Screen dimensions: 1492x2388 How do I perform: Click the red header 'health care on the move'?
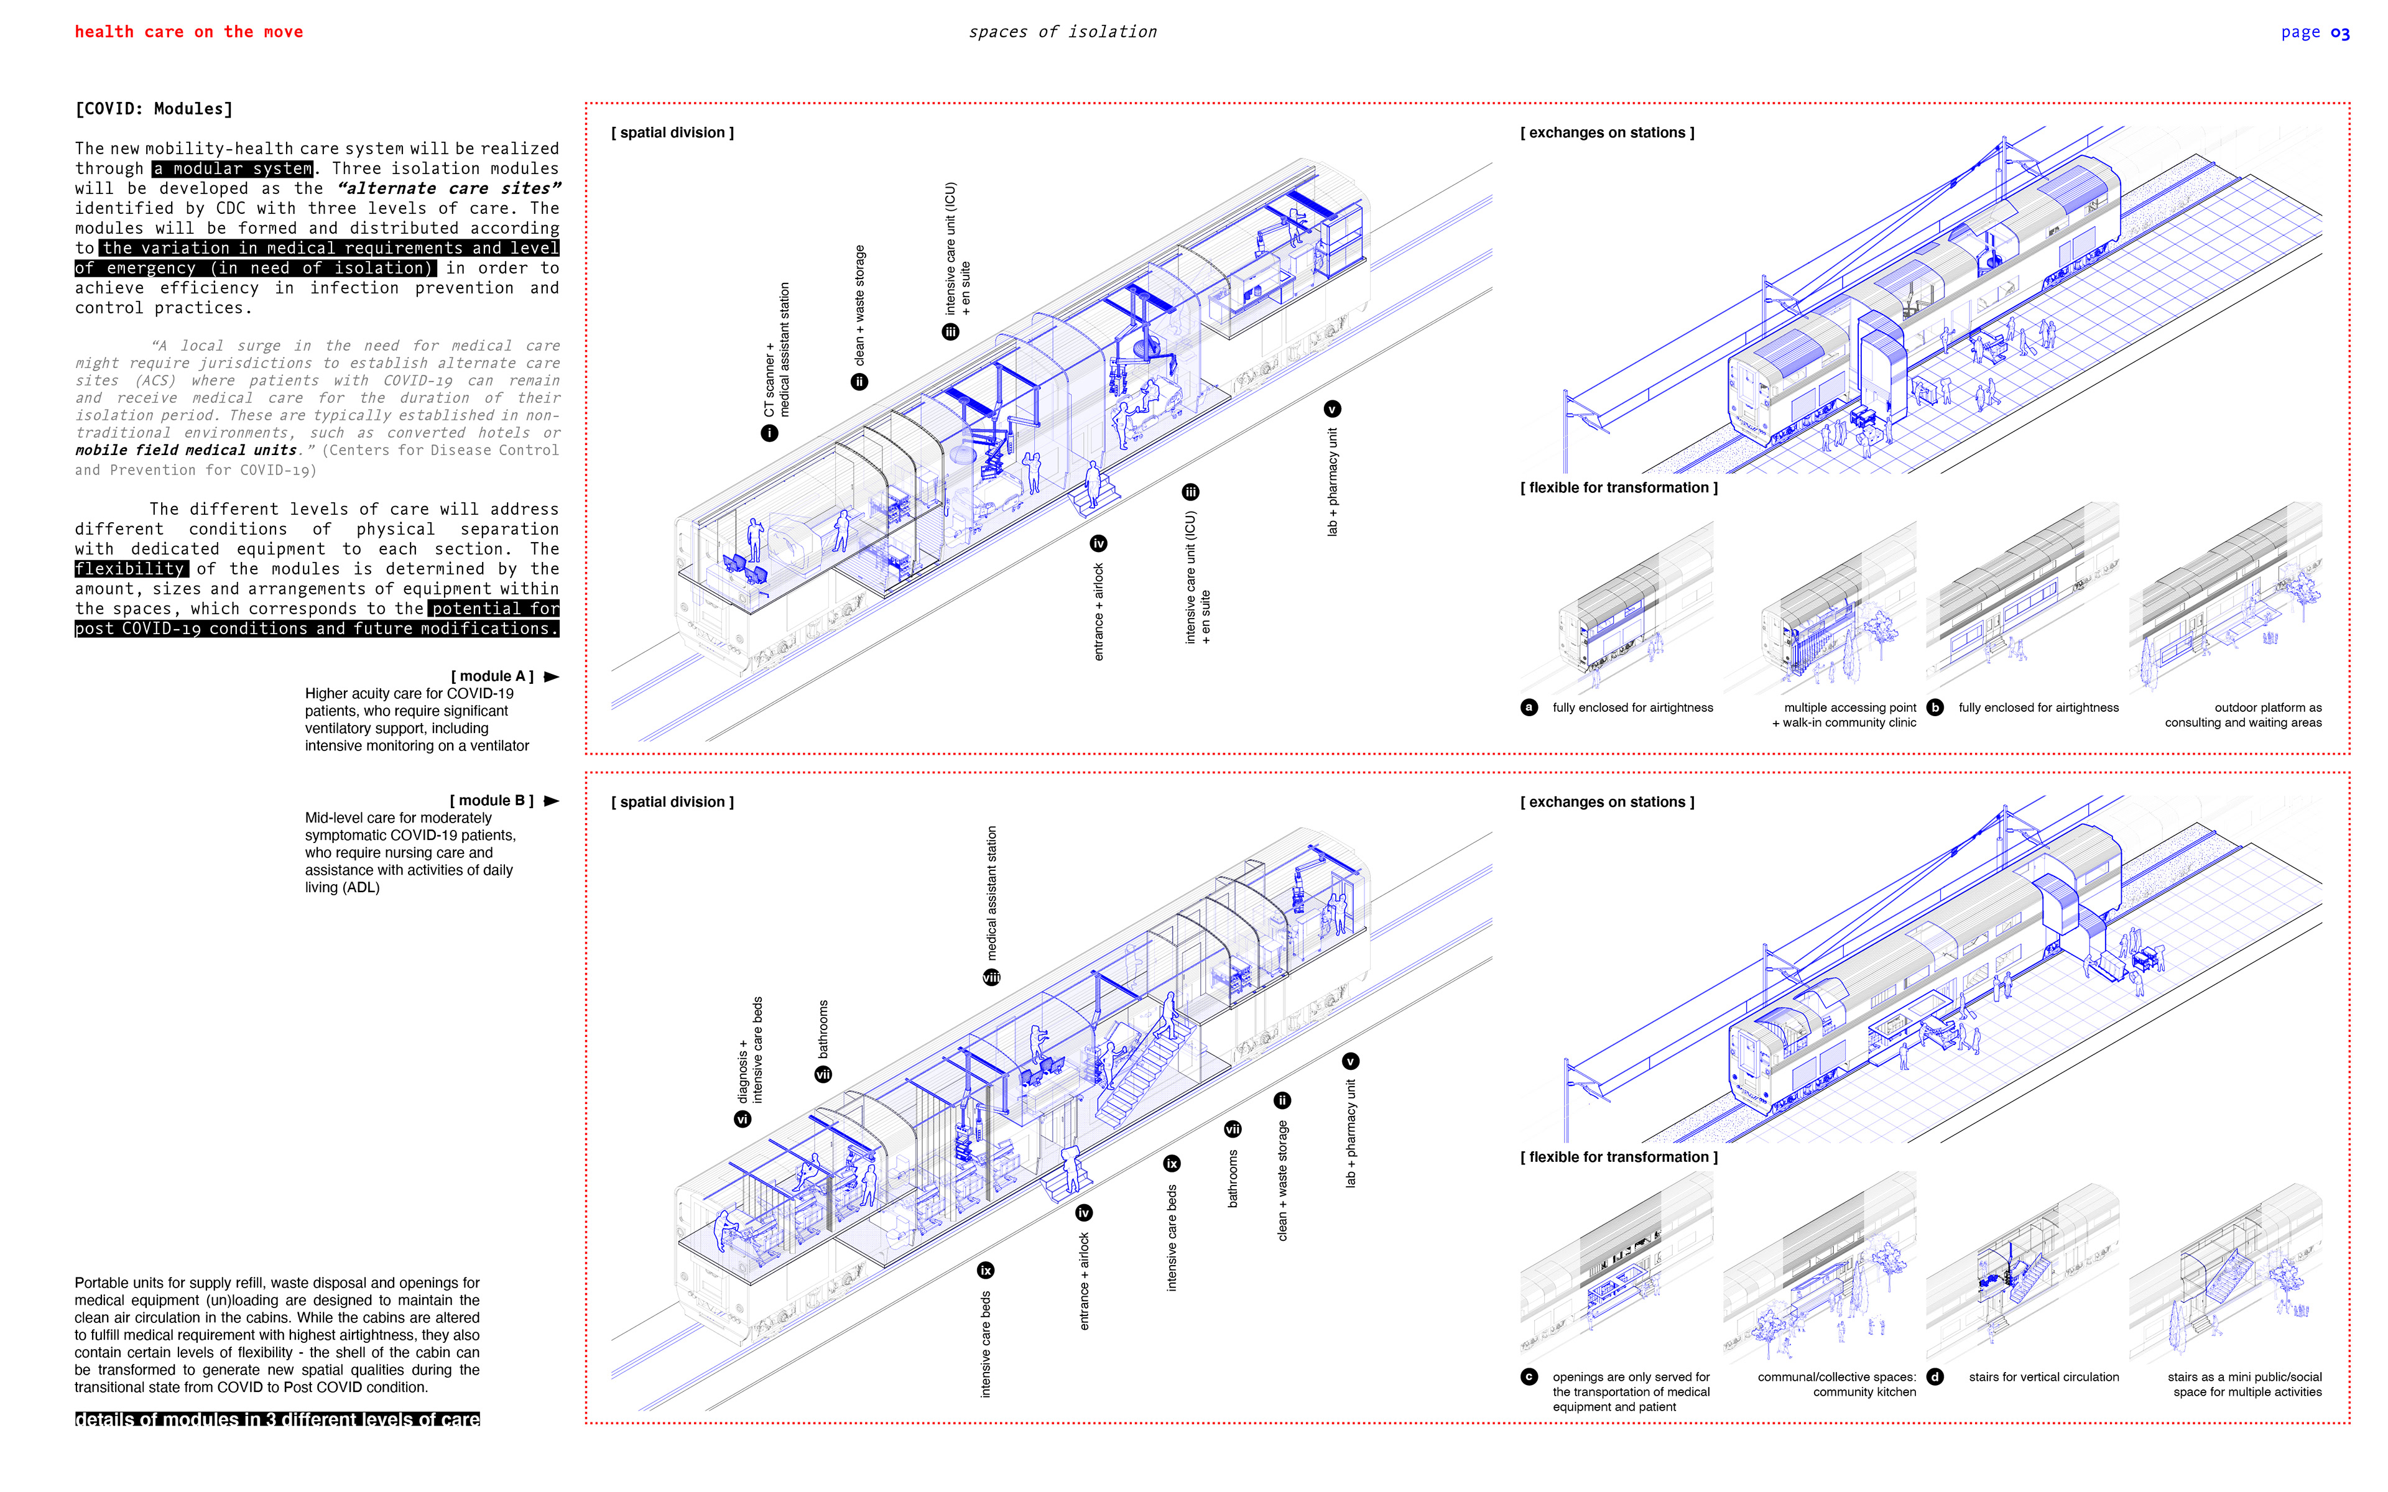(x=188, y=32)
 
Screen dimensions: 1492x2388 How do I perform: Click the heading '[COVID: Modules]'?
(x=154, y=109)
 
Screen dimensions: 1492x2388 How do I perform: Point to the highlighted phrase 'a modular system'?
(x=233, y=168)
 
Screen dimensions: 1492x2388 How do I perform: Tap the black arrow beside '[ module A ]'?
(x=552, y=677)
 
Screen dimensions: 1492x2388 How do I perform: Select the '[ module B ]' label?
(x=491, y=800)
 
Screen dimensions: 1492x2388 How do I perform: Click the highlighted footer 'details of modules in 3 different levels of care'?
(x=277, y=1419)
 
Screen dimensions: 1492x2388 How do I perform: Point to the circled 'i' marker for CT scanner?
(x=770, y=433)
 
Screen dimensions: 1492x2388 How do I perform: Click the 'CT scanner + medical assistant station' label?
(x=777, y=350)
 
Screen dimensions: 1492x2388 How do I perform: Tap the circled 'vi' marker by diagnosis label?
(x=742, y=1119)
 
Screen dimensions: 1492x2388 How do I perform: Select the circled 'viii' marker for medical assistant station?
(x=991, y=977)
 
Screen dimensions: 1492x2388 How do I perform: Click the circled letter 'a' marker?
(x=1529, y=707)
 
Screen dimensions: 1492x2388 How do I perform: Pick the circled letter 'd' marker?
(x=1935, y=1376)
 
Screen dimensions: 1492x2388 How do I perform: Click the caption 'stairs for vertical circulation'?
(x=2043, y=1376)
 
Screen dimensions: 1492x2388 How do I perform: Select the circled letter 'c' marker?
(x=1529, y=1376)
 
